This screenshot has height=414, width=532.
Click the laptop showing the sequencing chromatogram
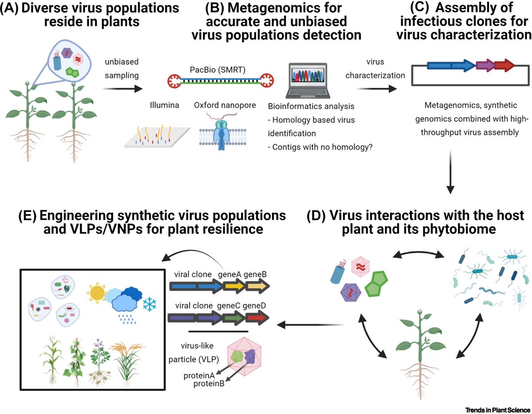click(x=308, y=81)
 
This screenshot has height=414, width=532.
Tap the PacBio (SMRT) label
click(x=217, y=70)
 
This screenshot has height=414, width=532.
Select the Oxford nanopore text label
click(x=225, y=105)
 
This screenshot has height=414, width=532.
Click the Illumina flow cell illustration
click(x=157, y=137)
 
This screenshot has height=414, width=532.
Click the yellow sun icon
click(x=97, y=293)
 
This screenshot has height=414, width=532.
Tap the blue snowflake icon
click(x=149, y=305)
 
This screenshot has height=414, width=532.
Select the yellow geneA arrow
click(x=235, y=286)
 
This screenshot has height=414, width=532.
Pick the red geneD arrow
click(x=257, y=318)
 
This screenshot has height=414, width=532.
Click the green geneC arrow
click(x=234, y=318)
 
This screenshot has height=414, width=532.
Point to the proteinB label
click(x=209, y=383)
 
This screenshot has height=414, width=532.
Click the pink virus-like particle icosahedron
click(x=244, y=356)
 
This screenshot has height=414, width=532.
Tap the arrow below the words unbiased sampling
click(x=122, y=89)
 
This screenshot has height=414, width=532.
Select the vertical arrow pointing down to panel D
click(x=450, y=172)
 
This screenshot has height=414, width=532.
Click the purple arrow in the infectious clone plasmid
click(x=486, y=65)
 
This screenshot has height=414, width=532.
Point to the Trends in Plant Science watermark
click(x=498, y=410)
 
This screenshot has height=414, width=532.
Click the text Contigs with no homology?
click(x=320, y=147)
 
